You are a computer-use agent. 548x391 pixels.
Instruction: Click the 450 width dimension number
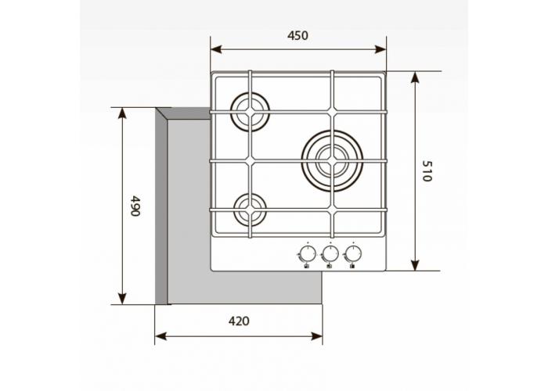point(298,35)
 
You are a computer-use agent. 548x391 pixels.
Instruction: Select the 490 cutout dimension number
point(135,206)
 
